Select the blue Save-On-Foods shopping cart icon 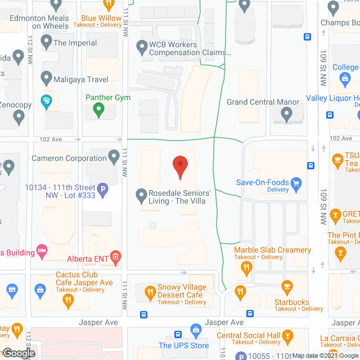298,183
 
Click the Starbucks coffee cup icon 287,287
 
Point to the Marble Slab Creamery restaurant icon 245,269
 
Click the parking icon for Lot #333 103,191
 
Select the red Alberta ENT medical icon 116,258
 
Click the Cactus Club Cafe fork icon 68,301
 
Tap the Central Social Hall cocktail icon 288,336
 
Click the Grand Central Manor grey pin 286,115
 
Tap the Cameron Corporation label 69,158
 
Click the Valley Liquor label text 332,97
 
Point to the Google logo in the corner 18,353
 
